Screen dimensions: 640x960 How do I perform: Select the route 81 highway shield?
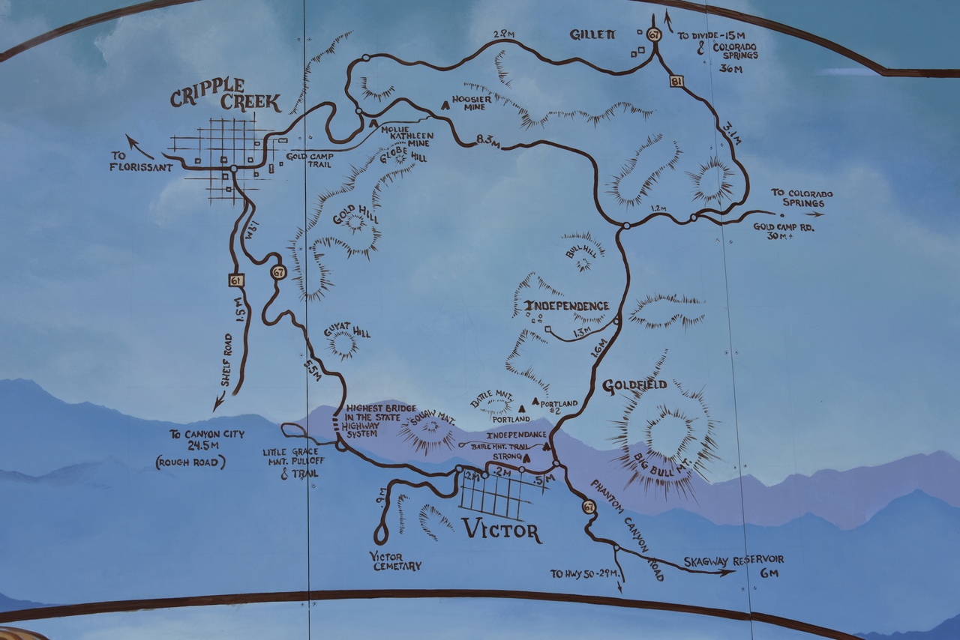click(x=676, y=81)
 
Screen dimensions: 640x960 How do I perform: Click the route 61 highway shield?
click(x=236, y=280)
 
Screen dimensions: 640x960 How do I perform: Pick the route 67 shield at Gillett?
click(x=655, y=34)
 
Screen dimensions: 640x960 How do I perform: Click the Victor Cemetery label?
click(x=395, y=561)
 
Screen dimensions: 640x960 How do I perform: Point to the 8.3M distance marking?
click(x=487, y=139)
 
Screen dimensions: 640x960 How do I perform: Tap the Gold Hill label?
click(x=355, y=216)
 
